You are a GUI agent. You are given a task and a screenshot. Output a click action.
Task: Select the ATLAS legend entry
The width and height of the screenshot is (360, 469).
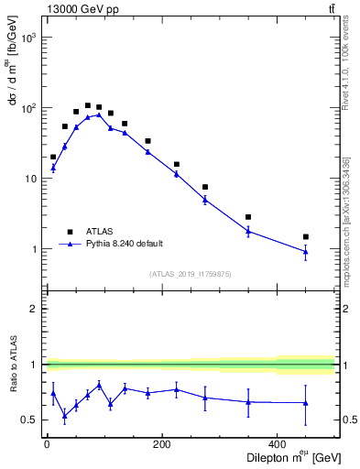click(x=98, y=232)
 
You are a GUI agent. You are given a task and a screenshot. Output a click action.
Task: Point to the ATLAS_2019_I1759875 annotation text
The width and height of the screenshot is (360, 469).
click(x=190, y=273)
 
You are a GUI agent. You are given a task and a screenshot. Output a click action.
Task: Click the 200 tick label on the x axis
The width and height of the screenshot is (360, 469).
click(x=161, y=446)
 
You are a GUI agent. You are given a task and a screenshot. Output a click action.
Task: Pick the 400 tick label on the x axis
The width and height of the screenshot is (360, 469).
click(x=277, y=446)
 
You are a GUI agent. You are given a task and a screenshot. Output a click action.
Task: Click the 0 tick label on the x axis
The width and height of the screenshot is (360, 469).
click(x=47, y=446)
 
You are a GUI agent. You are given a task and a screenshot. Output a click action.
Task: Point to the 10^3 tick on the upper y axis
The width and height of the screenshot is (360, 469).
click(x=27, y=38)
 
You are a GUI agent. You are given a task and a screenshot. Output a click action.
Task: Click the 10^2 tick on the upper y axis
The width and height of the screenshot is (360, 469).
click(x=27, y=108)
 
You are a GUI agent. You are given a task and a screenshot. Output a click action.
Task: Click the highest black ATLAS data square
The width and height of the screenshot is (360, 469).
click(x=88, y=105)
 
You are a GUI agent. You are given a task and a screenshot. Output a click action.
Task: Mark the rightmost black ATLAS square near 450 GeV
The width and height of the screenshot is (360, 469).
click(x=306, y=236)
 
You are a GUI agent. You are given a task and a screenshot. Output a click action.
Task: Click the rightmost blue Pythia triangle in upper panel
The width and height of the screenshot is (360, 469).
click(x=306, y=252)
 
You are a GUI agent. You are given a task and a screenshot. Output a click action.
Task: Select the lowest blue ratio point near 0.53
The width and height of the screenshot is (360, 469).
click(x=65, y=416)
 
